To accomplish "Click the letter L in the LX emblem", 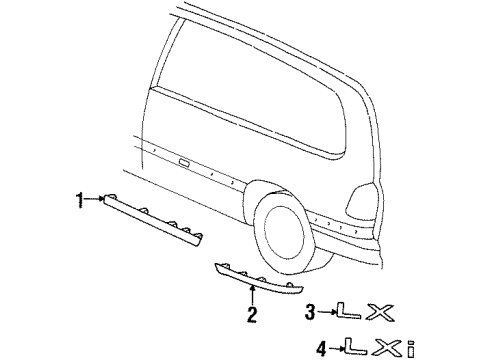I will point(344,312).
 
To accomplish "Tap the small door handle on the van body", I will point(185,161).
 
